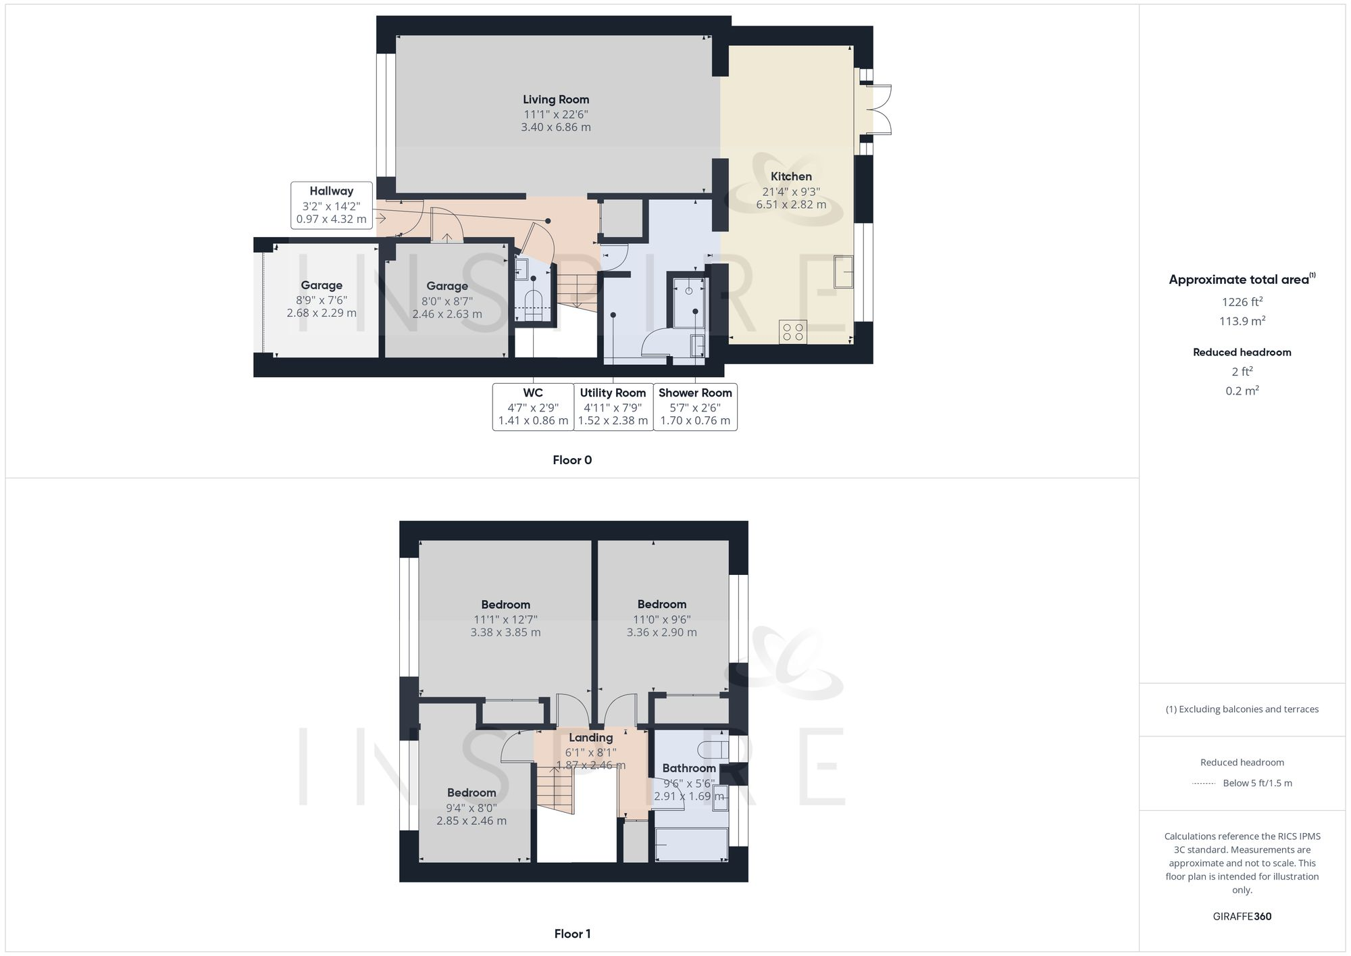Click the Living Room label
(x=555, y=99)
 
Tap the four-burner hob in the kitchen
(x=792, y=332)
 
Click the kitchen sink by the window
(x=844, y=271)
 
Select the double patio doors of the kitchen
(x=877, y=109)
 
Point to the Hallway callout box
(x=331, y=205)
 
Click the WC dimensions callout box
(x=533, y=407)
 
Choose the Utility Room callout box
(x=613, y=407)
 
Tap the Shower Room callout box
(x=695, y=407)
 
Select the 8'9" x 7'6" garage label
(x=322, y=299)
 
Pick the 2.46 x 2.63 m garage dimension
(x=447, y=314)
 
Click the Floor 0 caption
(x=572, y=460)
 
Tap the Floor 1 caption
(x=572, y=934)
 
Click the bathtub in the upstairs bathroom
(x=692, y=845)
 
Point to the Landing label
(x=590, y=738)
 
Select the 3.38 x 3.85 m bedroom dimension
(x=505, y=632)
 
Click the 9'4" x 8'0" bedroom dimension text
(x=471, y=807)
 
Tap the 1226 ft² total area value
(x=1242, y=302)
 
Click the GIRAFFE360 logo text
(x=1242, y=917)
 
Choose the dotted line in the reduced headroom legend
(x=1204, y=784)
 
